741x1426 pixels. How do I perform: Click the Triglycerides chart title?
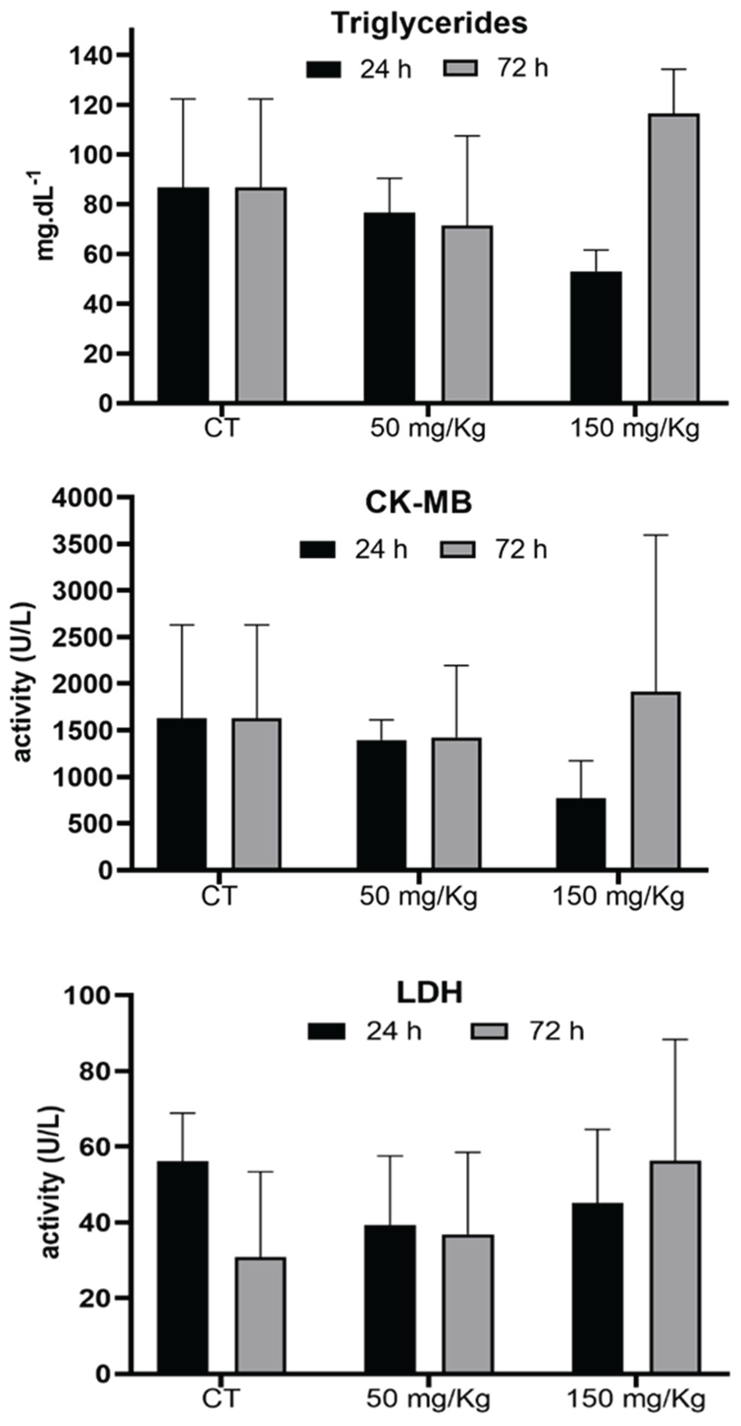click(429, 24)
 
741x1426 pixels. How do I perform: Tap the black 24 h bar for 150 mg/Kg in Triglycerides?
click(596, 336)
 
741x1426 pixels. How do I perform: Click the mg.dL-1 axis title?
click(47, 216)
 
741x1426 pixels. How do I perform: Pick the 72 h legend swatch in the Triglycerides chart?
click(461, 69)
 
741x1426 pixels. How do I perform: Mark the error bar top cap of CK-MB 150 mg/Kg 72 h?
click(656, 535)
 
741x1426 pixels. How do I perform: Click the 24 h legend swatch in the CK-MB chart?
click(318, 550)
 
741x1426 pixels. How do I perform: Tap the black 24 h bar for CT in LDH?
click(183, 1267)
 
